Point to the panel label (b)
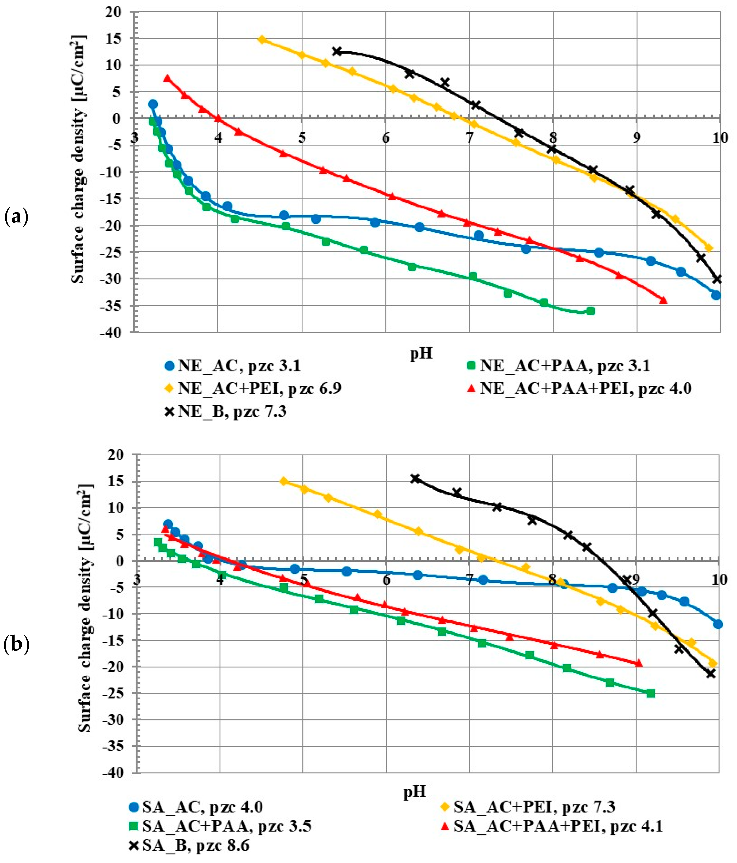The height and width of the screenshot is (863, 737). point(16,644)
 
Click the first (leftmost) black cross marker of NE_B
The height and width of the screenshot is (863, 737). point(337,51)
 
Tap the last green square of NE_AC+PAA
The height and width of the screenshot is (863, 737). point(590,311)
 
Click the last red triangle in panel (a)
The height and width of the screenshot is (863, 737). point(663,300)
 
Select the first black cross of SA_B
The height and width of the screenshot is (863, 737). point(415,478)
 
